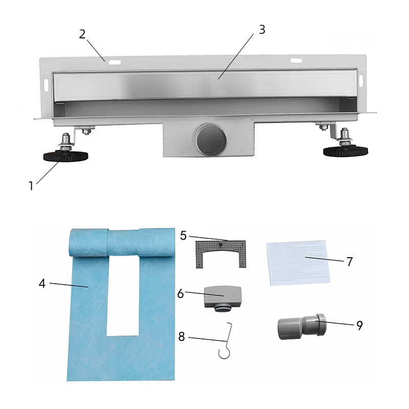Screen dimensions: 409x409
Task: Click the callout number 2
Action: point(82,34)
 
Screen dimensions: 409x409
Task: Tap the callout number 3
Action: point(262,29)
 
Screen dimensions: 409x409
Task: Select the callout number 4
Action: point(42,283)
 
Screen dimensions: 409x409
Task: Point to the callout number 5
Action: point(184,235)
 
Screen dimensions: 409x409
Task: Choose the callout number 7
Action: point(350,262)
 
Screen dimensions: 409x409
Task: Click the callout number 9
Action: point(360,326)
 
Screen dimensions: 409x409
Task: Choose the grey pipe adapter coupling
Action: point(300,327)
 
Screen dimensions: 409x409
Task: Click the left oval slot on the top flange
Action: point(116,63)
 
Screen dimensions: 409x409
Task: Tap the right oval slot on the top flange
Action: point(297,61)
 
